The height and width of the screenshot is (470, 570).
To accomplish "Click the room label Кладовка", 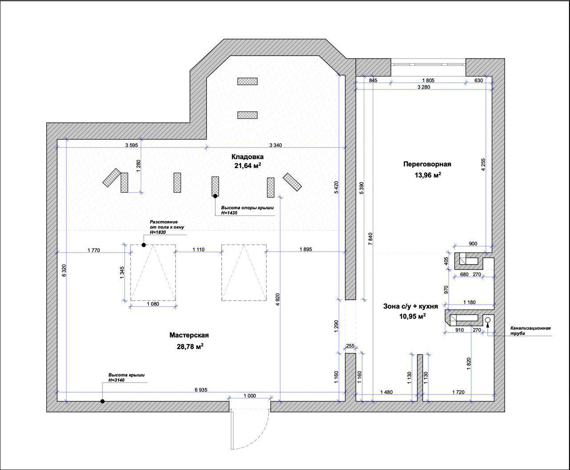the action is pos(247,157).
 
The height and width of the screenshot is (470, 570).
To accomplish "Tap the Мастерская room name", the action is pos(189,335).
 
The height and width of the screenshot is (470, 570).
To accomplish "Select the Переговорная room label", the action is pos(427,164).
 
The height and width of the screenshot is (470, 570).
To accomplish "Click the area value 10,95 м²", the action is pos(412,316).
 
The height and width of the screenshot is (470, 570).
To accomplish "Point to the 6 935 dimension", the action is pos(201,390).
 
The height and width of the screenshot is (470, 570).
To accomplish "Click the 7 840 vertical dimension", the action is pos(370,239).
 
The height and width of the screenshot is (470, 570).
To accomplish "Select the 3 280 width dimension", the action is pos(423,87).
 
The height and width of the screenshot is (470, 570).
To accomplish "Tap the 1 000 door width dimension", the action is pos(250,396).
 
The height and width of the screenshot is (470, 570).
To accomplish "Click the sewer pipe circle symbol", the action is pos(488,320).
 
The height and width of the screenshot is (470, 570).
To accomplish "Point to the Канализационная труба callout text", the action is pos(530,331).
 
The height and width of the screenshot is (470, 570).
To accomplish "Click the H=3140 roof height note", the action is pos(116,380).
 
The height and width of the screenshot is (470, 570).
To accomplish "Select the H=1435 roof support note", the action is pos(229,213).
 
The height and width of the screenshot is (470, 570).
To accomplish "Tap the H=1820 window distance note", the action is pos(158,232).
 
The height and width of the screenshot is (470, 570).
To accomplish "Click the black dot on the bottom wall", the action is pos(102,401).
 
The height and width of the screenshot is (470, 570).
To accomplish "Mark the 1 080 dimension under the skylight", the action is pos(153,304).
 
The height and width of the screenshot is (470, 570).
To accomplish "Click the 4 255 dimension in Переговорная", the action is pos(484,165).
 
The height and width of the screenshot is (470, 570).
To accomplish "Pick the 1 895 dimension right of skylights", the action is pos(305,249).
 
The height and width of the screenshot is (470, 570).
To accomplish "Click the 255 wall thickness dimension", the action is pos(350,346).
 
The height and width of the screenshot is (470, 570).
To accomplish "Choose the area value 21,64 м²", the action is pos(248,165).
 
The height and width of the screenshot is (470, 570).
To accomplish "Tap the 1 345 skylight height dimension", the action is pos(122,273).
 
